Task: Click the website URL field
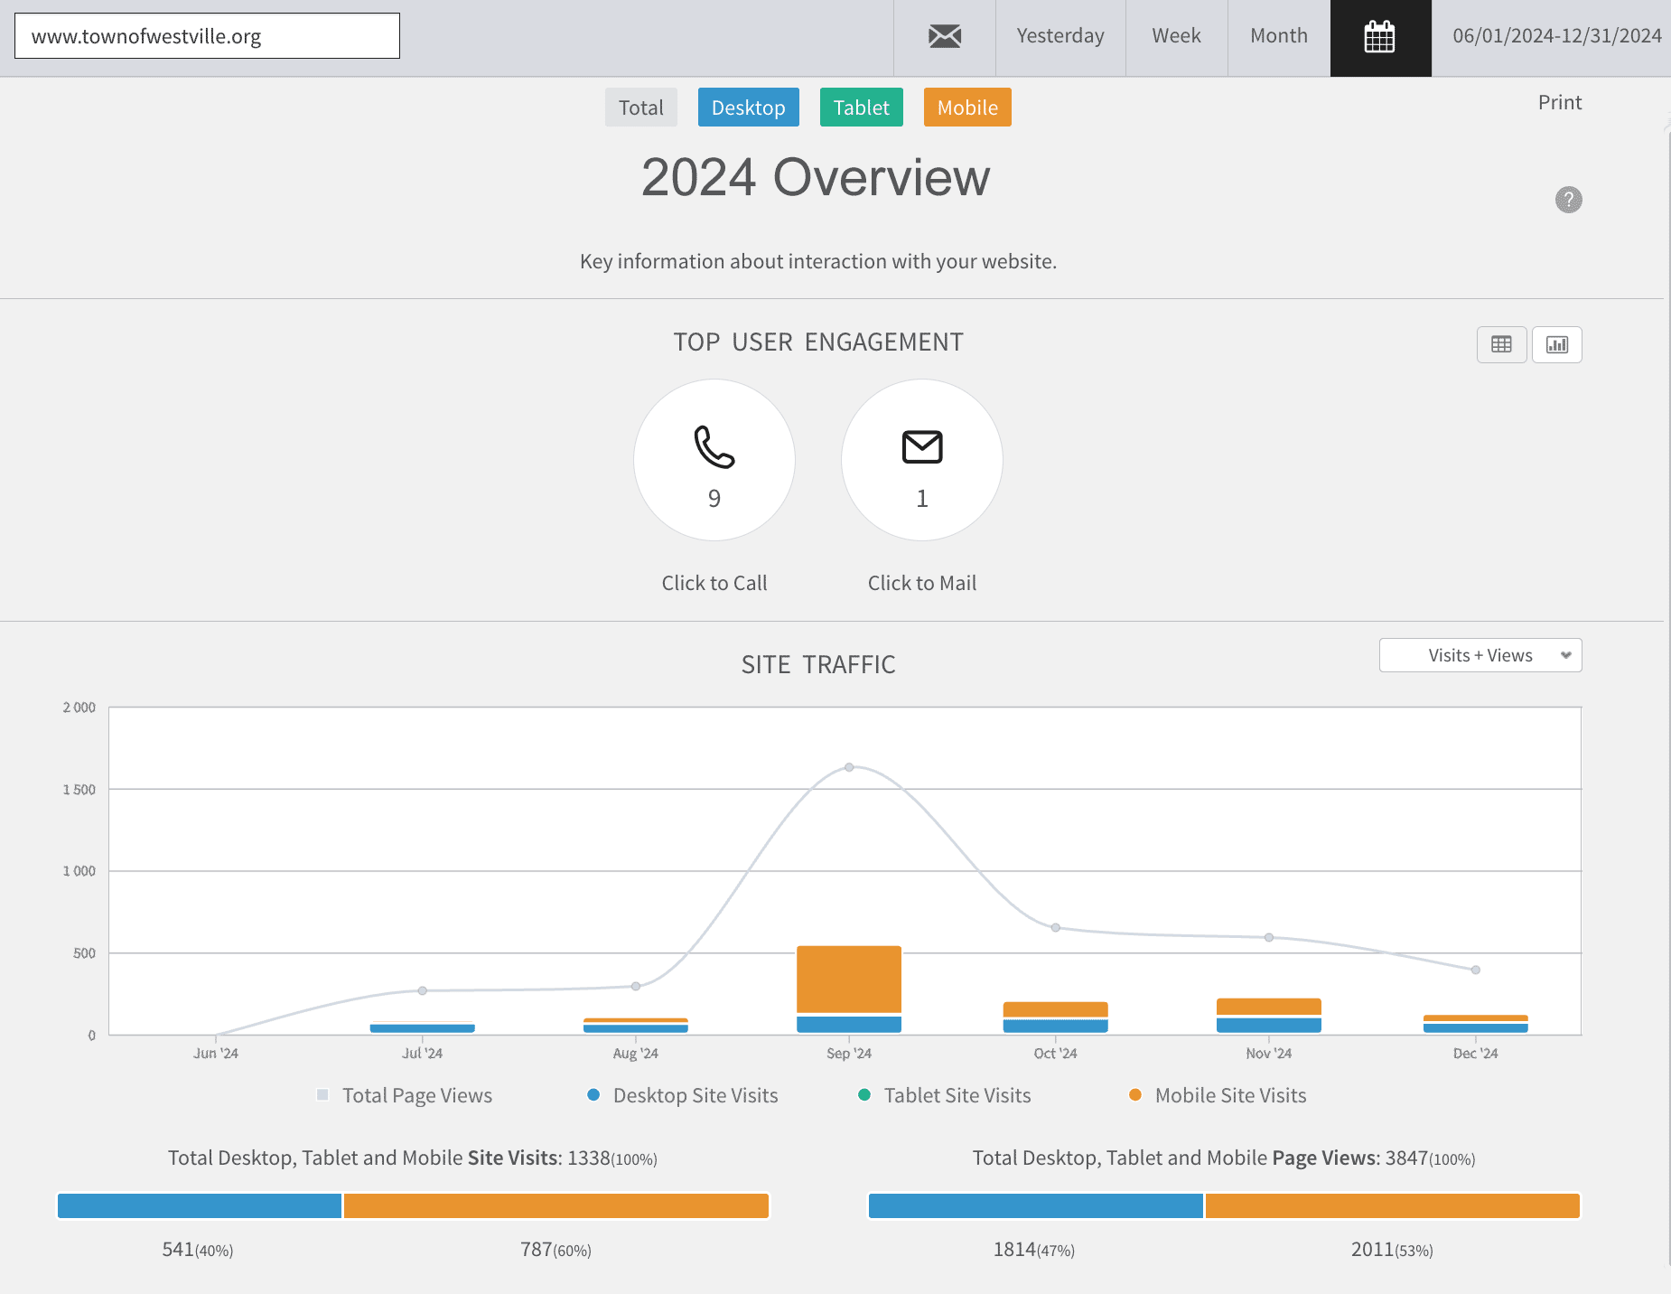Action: pyautogui.click(x=207, y=36)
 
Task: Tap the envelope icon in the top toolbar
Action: pyautogui.click(x=945, y=37)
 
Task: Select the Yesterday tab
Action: pyautogui.click(x=1060, y=36)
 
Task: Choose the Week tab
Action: pyautogui.click(x=1176, y=36)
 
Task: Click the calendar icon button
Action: pyautogui.click(x=1380, y=38)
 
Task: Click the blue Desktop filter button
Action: pyautogui.click(x=749, y=108)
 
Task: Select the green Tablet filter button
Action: pyautogui.click(x=862, y=108)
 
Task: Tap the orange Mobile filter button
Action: pyautogui.click(x=967, y=108)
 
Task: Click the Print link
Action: pyautogui.click(x=1560, y=103)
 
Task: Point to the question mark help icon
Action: pyautogui.click(x=1569, y=200)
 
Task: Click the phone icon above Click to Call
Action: pyautogui.click(x=714, y=446)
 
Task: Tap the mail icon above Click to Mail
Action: pyautogui.click(x=922, y=446)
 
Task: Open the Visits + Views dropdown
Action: pyautogui.click(x=1480, y=655)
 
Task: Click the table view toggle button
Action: pyautogui.click(x=1502, y=344)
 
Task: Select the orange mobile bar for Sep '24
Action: pyautogui.click(x=849, y=980)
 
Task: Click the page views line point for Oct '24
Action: pyautogui.click(x=1056, y=927)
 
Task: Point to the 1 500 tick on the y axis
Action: pyautogui.click(x=79, y=790)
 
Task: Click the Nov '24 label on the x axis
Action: pyautogui.click(x=1269, y=1054)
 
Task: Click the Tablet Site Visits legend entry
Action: pyautogui.click(x=945, y=1095)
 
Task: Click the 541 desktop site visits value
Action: pyautogui.click(x=178, y=1250)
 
